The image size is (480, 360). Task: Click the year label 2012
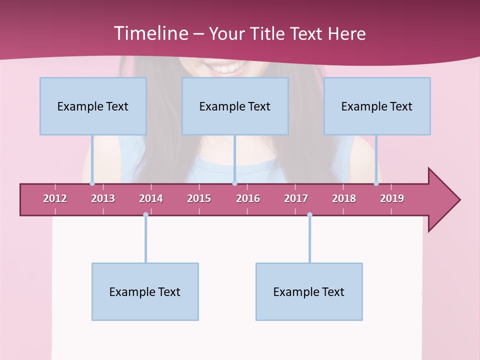(x=55, y=198)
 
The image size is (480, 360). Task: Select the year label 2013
(x=103, y=198)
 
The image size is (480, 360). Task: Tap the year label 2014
(x=151, y=198)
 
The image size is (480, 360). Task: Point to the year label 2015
(x=199, y=198)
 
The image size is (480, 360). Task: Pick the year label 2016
(x=248, y=198)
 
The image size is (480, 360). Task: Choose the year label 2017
(x=296, y=198)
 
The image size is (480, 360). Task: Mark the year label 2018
(x=344, y=198)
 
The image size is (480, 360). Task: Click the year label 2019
(x=392, y=198)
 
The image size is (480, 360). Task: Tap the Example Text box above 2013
(x=93, y=106)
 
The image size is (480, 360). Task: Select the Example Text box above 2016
(x=235, y=106)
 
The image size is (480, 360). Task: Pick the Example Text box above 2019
(x=377, y=106)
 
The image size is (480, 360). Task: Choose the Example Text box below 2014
(x=145, y=291)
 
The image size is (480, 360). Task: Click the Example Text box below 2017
(x=309, y=291)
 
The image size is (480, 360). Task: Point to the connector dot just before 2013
(x=92, y=183)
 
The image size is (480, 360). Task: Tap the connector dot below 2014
(x=145, y=214)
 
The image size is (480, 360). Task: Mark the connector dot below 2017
(x=309, y=214)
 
